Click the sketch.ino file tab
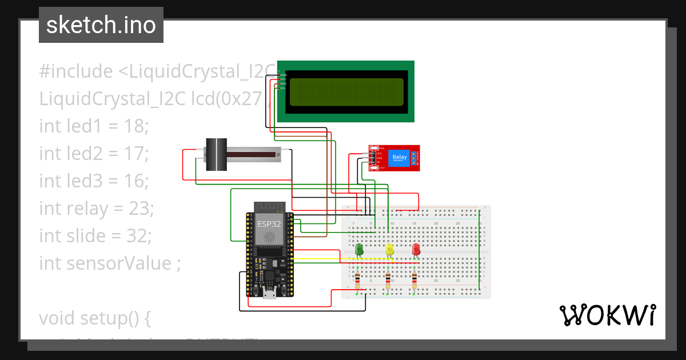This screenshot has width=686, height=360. (x=101, y=25)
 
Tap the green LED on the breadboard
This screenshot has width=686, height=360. (x=360, y=250)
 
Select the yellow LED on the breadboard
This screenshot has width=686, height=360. (x=390, y=250)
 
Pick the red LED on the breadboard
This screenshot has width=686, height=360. (x=416, y=250)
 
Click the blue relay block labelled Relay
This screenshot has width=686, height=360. (x=398, y=158)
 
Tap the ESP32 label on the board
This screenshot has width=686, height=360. (x=269, y=223)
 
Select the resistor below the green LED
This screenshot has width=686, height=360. (x=358, y=280)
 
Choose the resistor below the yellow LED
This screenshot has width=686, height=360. (x=389, y=280)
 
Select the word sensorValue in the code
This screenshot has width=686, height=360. (x=122, y=263)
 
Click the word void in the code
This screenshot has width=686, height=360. (x=58, y=318)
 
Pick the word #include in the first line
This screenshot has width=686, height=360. (x=76, y=71)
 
